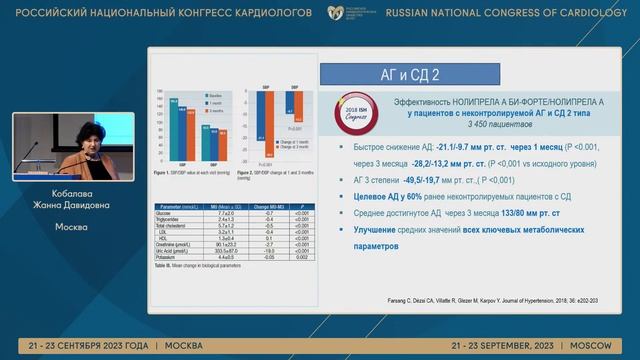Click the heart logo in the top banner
coord(335,14)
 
